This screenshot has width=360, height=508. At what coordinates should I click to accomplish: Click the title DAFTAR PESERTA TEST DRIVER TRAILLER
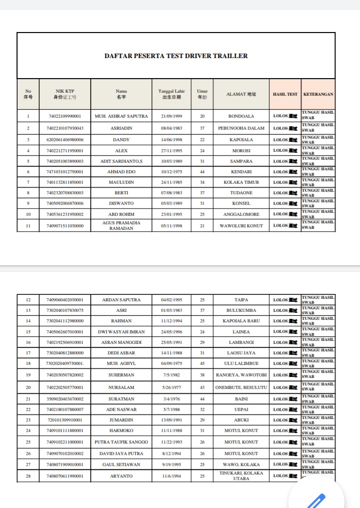coord(176,56)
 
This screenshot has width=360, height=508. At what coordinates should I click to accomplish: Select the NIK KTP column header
coord(65,94)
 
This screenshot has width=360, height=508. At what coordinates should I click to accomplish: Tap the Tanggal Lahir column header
coord(171,94)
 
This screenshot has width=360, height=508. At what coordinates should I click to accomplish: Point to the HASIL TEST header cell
coord(285,94)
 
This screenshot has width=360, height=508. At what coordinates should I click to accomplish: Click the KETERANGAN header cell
coord(318,94)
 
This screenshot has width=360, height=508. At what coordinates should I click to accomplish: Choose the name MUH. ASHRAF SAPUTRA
coord(121,116)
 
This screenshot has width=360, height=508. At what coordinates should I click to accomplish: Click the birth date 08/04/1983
coord(171,128)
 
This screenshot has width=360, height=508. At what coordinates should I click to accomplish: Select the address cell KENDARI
coord(241,172)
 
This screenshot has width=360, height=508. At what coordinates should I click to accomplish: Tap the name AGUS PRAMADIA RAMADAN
coord(121,225)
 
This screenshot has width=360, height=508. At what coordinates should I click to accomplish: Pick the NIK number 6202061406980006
coord(65,140)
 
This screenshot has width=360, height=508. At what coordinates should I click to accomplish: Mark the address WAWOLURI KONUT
coord(241,226)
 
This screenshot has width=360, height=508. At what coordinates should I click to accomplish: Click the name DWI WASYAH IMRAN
coord(121,332)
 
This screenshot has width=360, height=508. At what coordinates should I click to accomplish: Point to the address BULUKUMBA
coord(241,310)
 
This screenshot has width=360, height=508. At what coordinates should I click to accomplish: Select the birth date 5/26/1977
coord(171,387)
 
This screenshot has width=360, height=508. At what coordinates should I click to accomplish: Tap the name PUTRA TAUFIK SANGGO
coord(121,442)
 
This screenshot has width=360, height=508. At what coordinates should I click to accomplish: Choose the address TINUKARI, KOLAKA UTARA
coord(241,475)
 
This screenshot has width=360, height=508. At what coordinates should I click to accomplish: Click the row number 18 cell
coord(28,363)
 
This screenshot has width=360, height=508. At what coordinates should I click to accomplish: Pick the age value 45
coord(202,363)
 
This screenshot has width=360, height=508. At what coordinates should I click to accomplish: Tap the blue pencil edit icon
coord(316,500)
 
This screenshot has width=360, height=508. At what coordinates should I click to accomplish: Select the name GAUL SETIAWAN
coord(121,464)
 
